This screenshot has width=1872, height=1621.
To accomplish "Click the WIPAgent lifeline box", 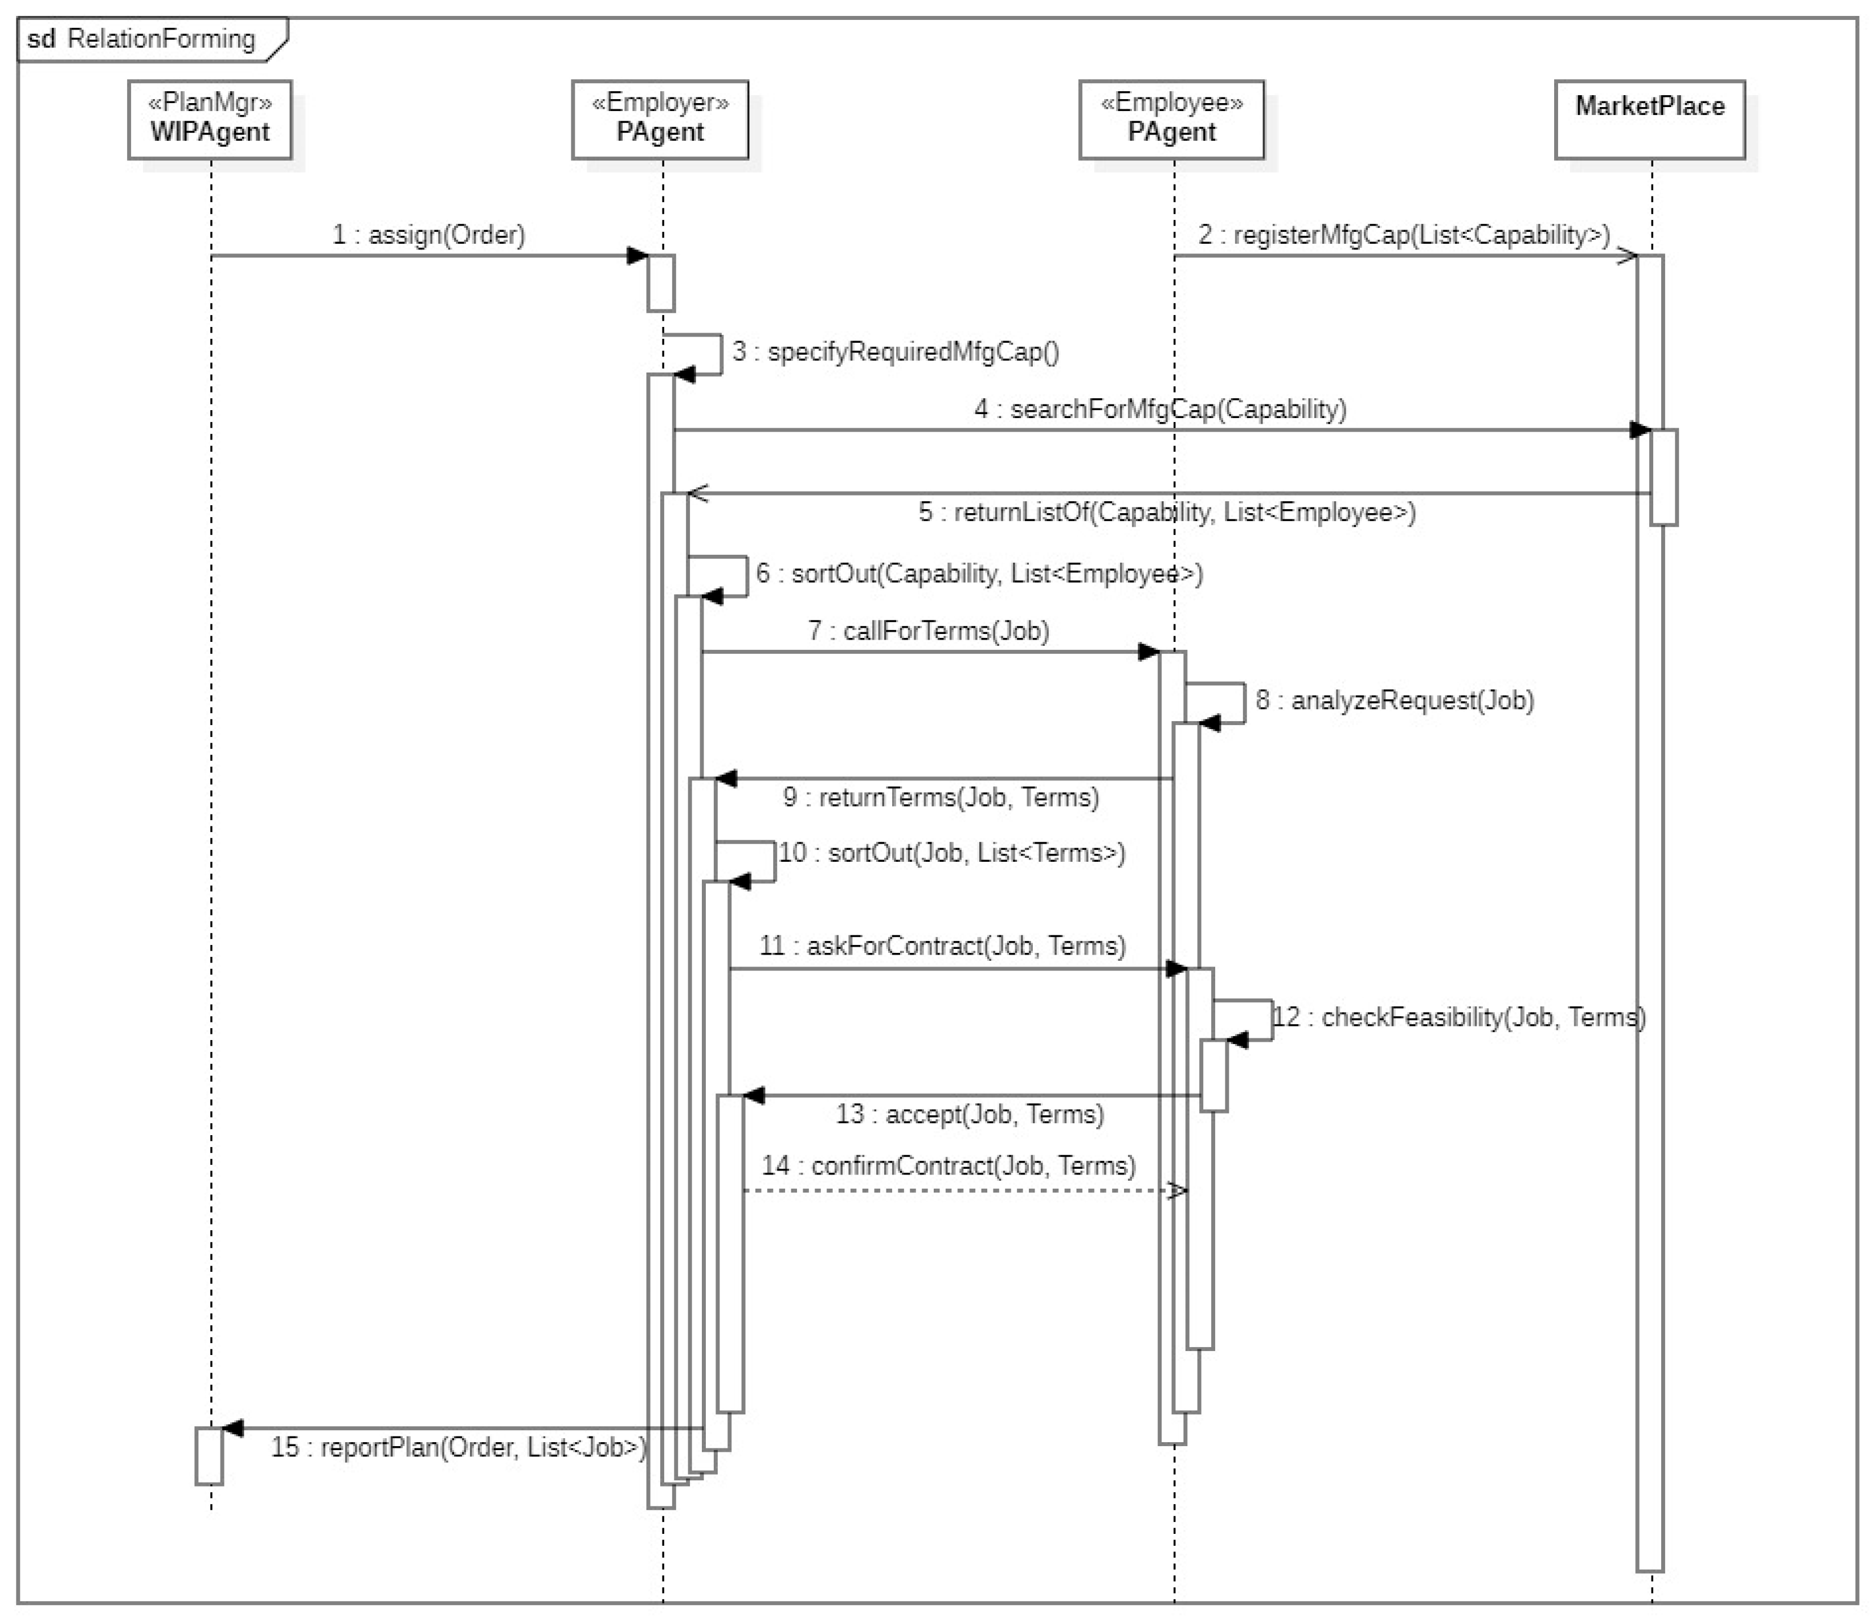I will [x=210, y=120].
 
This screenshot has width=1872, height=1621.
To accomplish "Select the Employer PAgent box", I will [x=660, y=120].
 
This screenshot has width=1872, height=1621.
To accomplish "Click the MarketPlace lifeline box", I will [x=1649, y=120].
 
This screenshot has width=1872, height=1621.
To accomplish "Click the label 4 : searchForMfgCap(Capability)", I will [x=1160, y=409].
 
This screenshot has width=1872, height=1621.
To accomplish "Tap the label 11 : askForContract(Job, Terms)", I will [x=942, y=945].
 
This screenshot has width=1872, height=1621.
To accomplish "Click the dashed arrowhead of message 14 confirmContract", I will [x=1177, y=1190].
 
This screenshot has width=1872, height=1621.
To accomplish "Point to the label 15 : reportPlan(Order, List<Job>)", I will [x=459, y=1447].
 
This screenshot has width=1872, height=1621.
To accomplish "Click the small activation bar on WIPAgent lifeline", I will [x=209, y=1456].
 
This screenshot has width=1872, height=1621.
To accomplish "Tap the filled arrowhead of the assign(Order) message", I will [x=638, y=256].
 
